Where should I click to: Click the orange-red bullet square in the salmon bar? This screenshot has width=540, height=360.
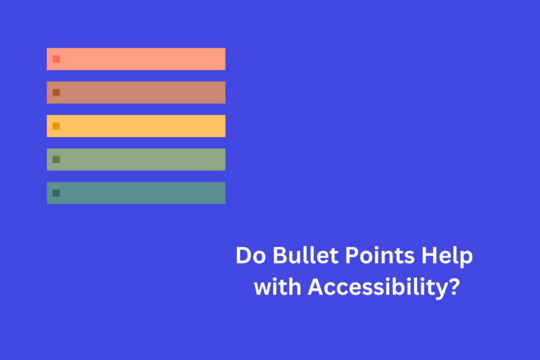click(56, 59)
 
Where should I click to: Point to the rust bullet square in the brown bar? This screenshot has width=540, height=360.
click(56, 93)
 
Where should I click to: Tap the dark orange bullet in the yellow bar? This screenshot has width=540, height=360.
click(56, 126)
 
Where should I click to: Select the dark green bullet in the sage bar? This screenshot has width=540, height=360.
click(56, 159)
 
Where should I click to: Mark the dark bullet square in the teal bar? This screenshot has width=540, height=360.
click(56, 193)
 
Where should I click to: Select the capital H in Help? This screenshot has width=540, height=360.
click(428, 257)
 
